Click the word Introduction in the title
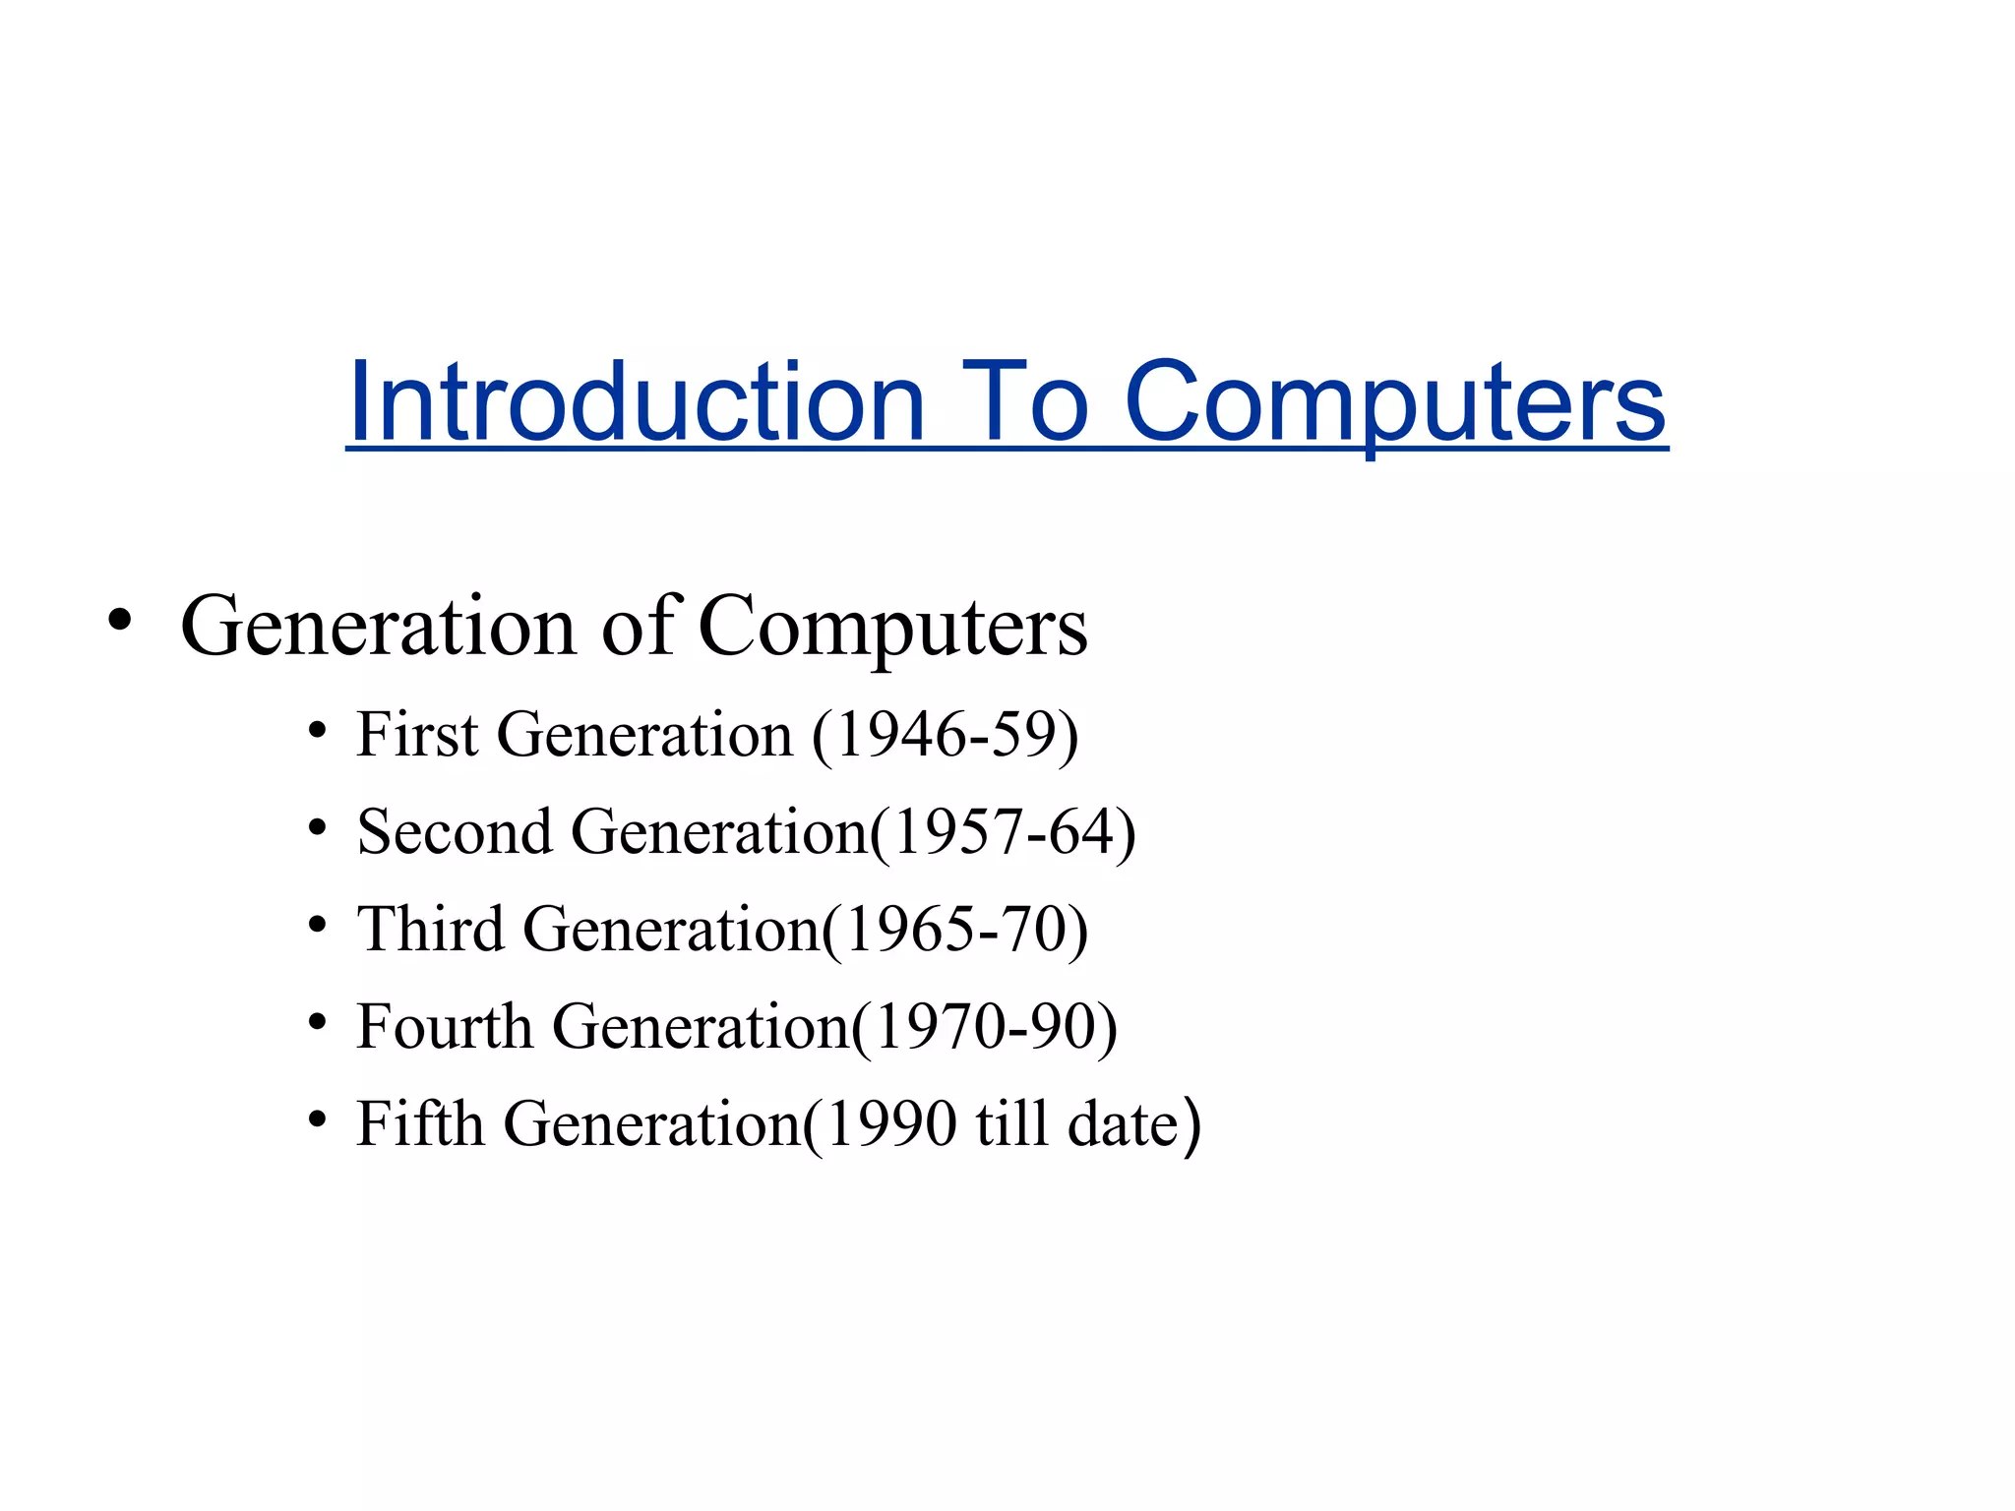(637, 403)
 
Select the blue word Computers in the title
(1395, 403)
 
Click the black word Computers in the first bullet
(892, 627)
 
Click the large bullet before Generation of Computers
(120, 622)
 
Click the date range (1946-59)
(946, 735)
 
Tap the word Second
(455, 831)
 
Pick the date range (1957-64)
(1003, 832)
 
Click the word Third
(430, 929)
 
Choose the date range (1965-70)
(954, 930)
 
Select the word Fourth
(445, 1026)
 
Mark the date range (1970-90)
(984, 1027)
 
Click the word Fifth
(420, 1123)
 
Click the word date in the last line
(1123, 1124)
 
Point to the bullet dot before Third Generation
(317, 926)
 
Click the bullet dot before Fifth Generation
(317, 1120)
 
